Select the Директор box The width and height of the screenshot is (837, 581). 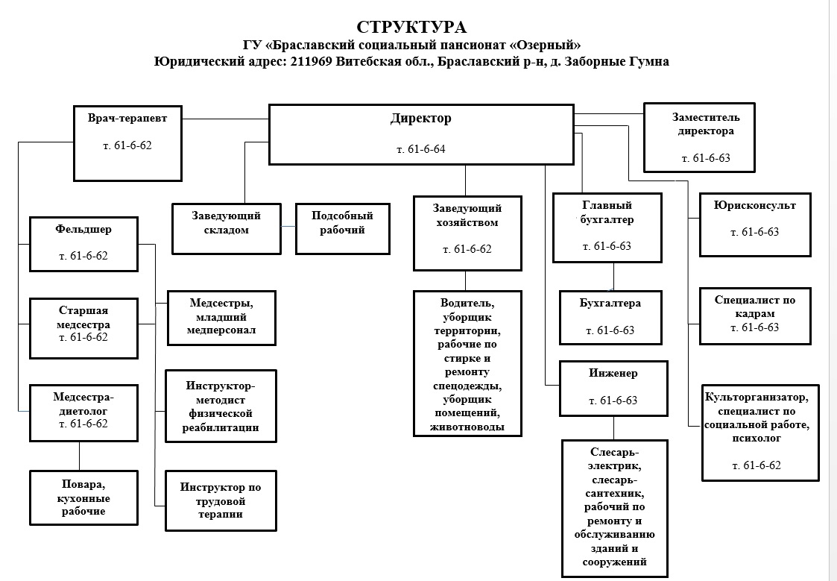click(420, 134)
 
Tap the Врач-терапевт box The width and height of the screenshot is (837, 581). click(127, 142)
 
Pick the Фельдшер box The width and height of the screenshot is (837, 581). click(83, 243)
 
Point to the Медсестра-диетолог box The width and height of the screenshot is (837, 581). click(83, 412)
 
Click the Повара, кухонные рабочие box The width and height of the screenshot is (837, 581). click(83, 497)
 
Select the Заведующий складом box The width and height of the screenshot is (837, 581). click(227, 227)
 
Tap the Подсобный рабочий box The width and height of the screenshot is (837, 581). click(342, 227)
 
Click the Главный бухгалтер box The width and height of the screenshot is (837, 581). click(607, 227)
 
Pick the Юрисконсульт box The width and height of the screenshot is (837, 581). click(754, 224)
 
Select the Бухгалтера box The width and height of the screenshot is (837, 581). click(610, 317)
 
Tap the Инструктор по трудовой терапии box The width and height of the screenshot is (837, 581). click(220, 500)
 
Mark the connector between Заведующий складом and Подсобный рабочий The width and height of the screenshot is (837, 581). click(289, 225)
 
